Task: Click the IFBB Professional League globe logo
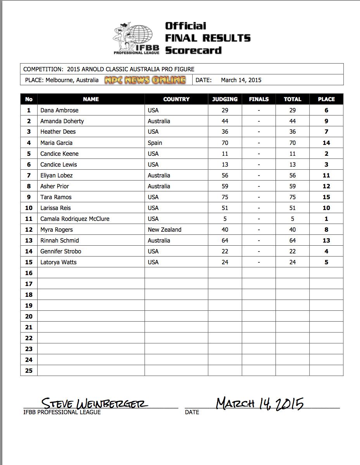click(136, 38)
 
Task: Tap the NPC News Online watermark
click(145, 80)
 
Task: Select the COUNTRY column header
click(176, 99)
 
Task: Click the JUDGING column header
click(225, 99)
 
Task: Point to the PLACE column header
click(326, 99)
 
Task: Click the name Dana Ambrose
click(59, 110)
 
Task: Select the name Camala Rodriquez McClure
click(75, 219)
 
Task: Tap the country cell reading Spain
click(155, 143)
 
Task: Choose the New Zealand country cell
click(164, 230)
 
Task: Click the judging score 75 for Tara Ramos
click(225, 197)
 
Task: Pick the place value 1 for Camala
click(326, 219)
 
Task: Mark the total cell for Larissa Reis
click(292, 208)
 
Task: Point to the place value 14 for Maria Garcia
click(326, 143)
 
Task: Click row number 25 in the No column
click(29, 371)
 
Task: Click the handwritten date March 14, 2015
click(260, 403)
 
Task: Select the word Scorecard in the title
click(193, 50)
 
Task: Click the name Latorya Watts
click(59, 262)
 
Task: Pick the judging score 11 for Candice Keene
click(225, 154)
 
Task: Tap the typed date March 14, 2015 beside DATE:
click(241, 80)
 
